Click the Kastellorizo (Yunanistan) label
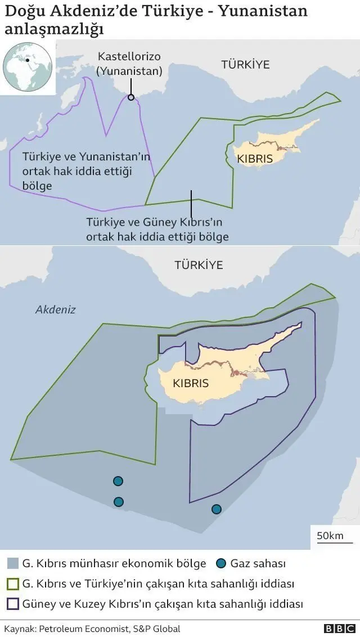(x=130, y=64)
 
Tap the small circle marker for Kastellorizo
(x=131, y=97)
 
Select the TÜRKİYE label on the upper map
(x=245, y=64)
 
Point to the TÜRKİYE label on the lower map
(x=199, y=264)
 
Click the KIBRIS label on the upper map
(x=255, y=159)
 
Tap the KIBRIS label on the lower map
(x=191, y=383)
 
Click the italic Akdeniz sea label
(x=55, y=309)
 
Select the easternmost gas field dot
(x=217, y=509)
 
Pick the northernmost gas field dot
(x=118, y=481)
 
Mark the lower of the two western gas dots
(x=118, y=501)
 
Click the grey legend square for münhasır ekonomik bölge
(x=12, y=563)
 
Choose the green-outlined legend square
(x=12, y=584)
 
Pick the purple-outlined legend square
(x=12, y=604)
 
